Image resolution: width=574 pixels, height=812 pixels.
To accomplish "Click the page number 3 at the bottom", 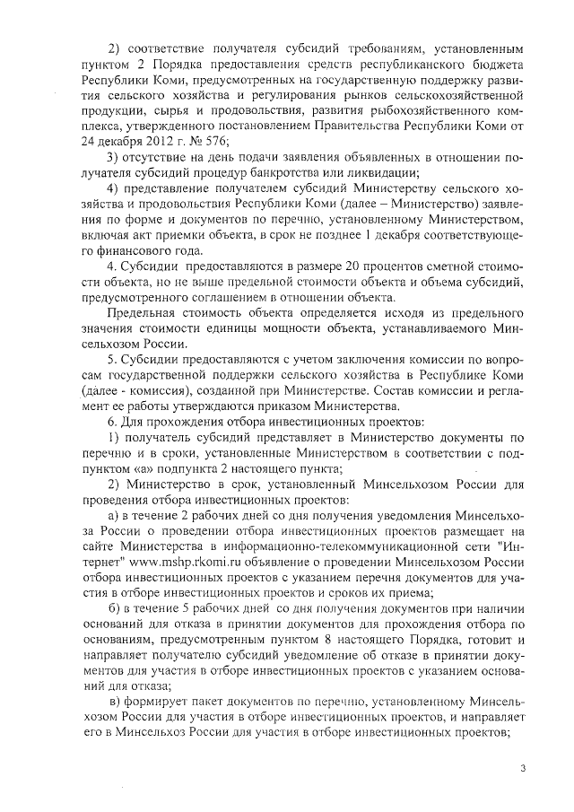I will [x=523, y=769].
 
